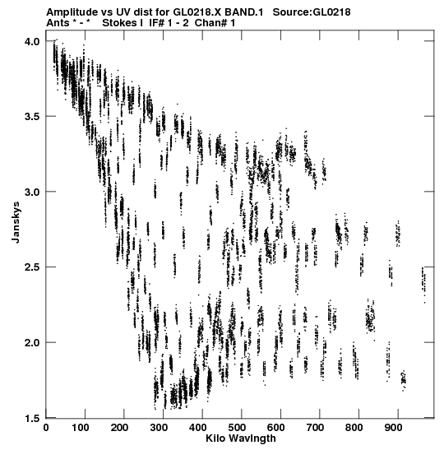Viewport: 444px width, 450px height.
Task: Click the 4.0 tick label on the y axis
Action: click(x=31, y=42)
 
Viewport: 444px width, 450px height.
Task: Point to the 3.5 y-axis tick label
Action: click(x=31, y=117)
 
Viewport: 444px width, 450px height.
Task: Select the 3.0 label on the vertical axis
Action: click(x=31, y=192)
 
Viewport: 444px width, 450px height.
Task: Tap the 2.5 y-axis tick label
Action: click(x=31, y=267)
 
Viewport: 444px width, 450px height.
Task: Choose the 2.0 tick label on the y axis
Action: click(x=31, y=343)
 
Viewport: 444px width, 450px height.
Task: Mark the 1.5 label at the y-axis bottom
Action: click(x=31, y=419)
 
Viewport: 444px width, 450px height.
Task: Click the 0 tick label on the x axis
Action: click(x=46, y=428)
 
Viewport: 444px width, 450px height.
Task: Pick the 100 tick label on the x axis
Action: click(x=80, y=428)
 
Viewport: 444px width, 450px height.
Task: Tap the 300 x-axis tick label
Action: click(x=158, y=428)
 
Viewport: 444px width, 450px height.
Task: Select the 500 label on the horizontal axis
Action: click(x=236, y=428)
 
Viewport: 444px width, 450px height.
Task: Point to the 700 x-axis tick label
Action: click(x=315, y=428)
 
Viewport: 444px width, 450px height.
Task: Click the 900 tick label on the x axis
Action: click(x=393, y=428)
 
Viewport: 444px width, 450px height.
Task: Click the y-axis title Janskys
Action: click(x=16, y=222)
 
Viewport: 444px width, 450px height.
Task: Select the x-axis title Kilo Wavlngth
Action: click(x=241, y=438)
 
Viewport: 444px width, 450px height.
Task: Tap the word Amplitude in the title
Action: click(x=72, y=12)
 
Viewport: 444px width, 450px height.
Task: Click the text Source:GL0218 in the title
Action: click(x=312, y=12)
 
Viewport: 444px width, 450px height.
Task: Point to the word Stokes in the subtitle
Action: click(x=120, y=23)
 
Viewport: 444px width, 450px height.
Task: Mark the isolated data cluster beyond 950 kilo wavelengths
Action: click(x=423, y=284)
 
